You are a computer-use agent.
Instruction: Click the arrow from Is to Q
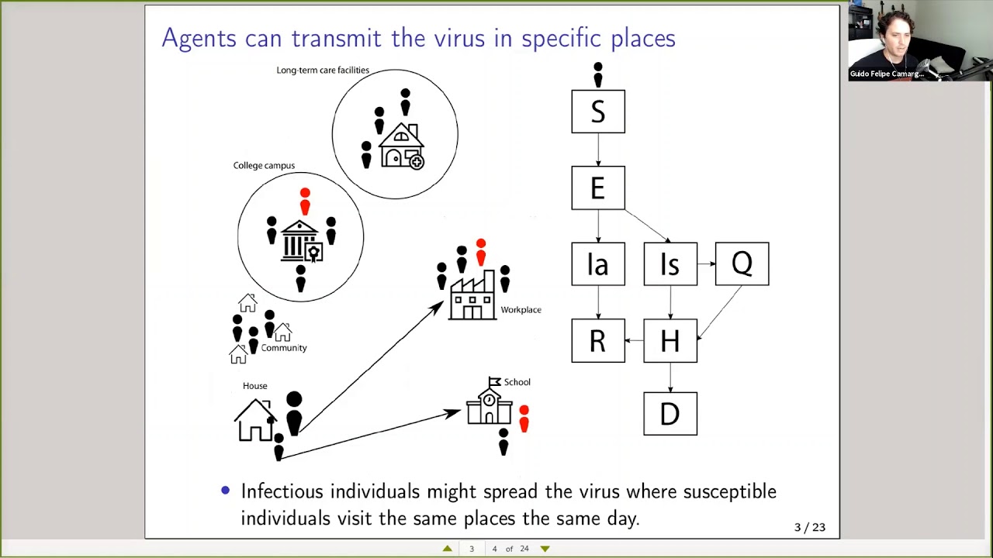[x=706, y=264]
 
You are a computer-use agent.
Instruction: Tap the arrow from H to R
[x=635, y=340]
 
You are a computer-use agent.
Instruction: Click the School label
[x=517, y=382]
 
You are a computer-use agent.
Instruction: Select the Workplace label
[x=521, y=309]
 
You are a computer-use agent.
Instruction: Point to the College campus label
[x=264, y=165]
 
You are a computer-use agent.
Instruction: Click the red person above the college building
[x=305, y=201]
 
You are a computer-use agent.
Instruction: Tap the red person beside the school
[x=524, y=418]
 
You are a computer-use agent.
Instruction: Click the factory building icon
[x=472, y=295]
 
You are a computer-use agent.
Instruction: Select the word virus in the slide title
[x=459, y=38]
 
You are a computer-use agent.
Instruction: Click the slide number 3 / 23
[x=809, y=527]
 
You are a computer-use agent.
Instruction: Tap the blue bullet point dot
[x=225, y=491]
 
